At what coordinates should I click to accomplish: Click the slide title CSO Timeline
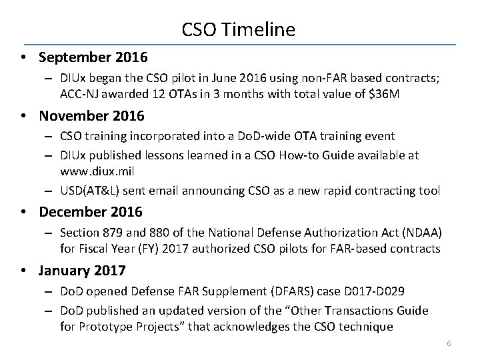238,29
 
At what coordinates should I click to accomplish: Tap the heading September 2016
93,58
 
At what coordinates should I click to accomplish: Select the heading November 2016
91,116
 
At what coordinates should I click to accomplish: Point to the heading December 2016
91,212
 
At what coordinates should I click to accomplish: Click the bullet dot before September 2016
23,58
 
